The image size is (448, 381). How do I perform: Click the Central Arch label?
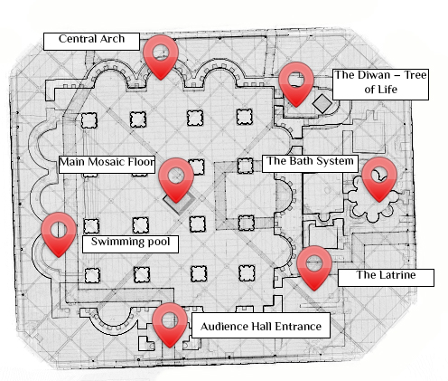[x=91, y=40]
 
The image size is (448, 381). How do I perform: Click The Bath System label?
[x=303, y=161]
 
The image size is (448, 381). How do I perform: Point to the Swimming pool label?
[x=129, y=243]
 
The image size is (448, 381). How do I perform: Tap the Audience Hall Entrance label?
[x=260, y=326]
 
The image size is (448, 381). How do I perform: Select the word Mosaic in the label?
[x=106, y=162]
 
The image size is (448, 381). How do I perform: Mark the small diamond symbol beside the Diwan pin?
[x=320, y=104]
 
